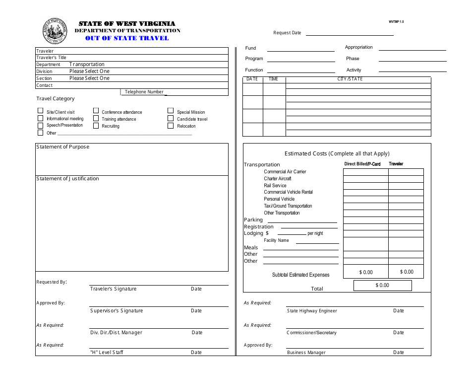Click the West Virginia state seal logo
point(55,31)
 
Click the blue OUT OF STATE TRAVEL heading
point(127,38)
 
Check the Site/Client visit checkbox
point(40,112)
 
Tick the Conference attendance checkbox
point(96,112)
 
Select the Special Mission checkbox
point(171,112)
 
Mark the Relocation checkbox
point(171,126)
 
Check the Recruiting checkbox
point(96,126)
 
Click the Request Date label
point(287,33)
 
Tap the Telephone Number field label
point(144,92)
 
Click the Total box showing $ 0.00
point(382,286)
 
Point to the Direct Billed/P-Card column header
point(362,164)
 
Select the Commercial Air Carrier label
point(285,172)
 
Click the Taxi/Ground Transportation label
point(288,206)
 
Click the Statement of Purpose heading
point(63,147)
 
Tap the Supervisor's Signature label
point(117,311)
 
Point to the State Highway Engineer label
point(312,311)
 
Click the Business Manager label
point(306,353)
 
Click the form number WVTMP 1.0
point(396,22)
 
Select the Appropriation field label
point(359,47)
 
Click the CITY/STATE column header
point(350,79)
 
